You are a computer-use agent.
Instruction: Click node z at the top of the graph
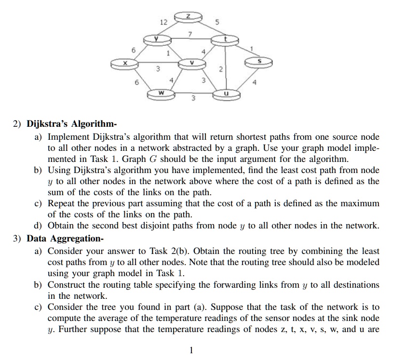[x=189, y=17]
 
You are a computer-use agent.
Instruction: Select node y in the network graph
[x=156, y=39]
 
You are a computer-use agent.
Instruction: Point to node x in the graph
[x=124, y=63]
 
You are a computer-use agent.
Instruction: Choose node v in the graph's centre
[x=191, y=63]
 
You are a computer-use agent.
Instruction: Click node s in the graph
[x=259, y=62]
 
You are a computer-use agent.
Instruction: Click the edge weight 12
[x=163, y=22]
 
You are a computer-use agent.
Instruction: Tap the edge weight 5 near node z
[x=217, y=22]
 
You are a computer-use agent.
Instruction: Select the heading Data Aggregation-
[x=65, y=238]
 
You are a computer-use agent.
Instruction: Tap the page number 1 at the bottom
[x=191, y=350]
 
